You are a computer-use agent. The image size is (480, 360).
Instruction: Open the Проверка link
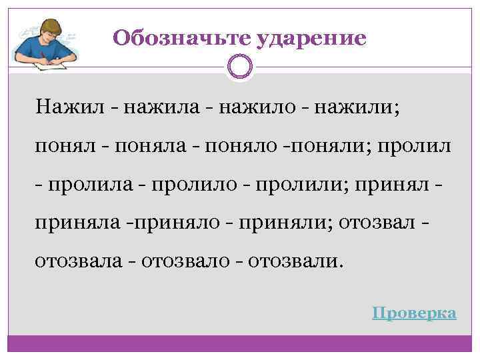click(x=414, y=313)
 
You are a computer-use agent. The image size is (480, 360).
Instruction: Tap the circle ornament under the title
click(x=240, y=67)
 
